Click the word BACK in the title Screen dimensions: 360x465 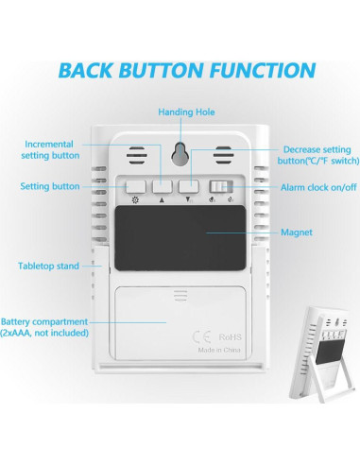[x=85, y=70]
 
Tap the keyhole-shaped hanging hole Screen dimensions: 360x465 [x=180, y=154]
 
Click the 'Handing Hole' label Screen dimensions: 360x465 [x=186, y=112]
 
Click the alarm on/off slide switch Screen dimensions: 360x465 [x=221, y=186]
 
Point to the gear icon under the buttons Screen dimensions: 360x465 [x=135, y=199]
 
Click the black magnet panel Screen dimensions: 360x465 [x=180, y=238]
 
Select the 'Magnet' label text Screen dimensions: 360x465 [x=297, y=232]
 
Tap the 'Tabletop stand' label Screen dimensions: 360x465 [x=48, y=267]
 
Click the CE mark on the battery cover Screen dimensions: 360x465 [x=201, y=337]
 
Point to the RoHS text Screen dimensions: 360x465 [x=231, y=337]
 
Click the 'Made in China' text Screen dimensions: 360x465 [x=219, y=350]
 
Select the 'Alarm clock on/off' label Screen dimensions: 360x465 [x=318, y=187]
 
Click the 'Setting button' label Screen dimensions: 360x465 [x=50, y=186]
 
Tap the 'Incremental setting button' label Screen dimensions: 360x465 [x=50, y=149]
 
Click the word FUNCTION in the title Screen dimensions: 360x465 [x=263, y=70]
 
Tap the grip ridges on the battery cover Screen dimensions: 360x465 [x=180, y=296]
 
